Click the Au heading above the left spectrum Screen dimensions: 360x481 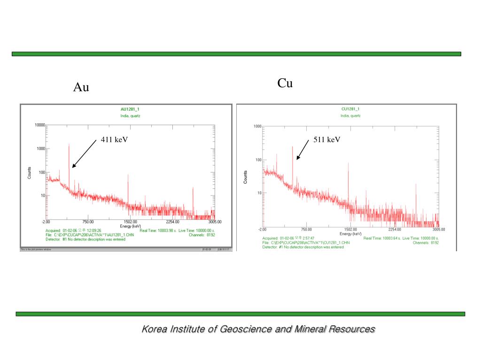pyautogui.click(x=81, y=87)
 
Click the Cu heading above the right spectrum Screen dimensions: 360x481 pyautogui.click(x=285, y=83)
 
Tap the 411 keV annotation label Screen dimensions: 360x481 pyautogui.click(x=115, y=140)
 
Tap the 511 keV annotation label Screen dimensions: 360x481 pyautogui.click(x=327, y=140)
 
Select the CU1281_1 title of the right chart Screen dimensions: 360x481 pyautogui.click(x=350, y=109)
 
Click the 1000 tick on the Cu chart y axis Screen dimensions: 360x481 pyautogui.click(x=257, y=127)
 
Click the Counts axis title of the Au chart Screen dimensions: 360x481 pyautogui.click(x=30, y=172)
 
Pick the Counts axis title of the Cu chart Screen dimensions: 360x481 pyautogui.click(x=245, y=177)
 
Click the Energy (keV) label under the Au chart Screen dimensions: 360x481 pyautogui.click(x=130, y=226)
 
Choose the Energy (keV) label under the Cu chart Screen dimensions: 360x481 pyautogui.click(x=350, y=233)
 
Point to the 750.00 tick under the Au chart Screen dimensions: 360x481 pyautogui.click(x=88, y=222)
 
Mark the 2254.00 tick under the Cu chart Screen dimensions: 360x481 pyautogui.click(x=395, y=229)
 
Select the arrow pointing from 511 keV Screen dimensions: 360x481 pyautogui.click(x=303, y=150)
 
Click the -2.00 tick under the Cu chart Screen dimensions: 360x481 pyautogui.click(x=263, y=229)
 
